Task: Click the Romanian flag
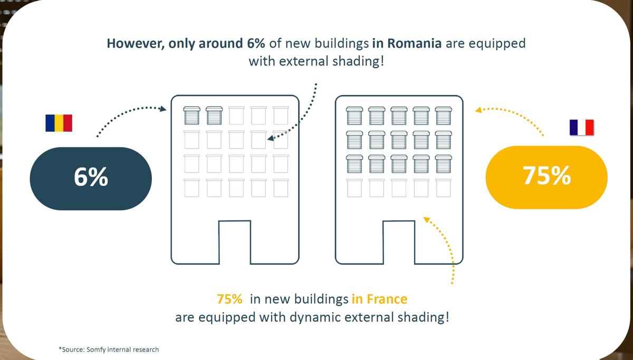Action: pyautogui.click(x=59, y=123)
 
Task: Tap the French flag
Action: pyautogui.click(x=581, y=128)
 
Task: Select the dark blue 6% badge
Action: pyautogui.click(x=91, y=179)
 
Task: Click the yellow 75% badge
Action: pyautogui.click(x=546, y=177)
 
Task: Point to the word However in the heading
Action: pyautogui.click(x=136, y=44)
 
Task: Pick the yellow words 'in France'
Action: pyautogui.click(x=379, y=299)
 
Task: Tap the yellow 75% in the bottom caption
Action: pyautogui.click(x=229, y=299)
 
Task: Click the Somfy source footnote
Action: pyautogui.click(x=109, y=349)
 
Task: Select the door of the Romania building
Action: pyautogui.click(x=235, y=242)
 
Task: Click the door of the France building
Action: pyautogui.click(x=399, y=242)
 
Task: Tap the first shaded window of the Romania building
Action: pyautogui.click(x=192, y=115)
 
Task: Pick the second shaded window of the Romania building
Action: pyautogui.click(x=214, y=115)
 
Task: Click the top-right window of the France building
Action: pyautogui.click(x=444, y=115)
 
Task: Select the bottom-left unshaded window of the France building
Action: pyautogui.click(x=354, y=188)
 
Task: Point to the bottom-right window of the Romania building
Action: pyautogui.click(x=281, y=188)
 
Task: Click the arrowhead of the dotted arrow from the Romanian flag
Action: pyautogui.click(x=163, y=109)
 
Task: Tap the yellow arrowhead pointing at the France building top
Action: pyautogui.click(x=478, y=110)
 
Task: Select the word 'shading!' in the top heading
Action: pyautogui.click(x=358, y=62)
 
